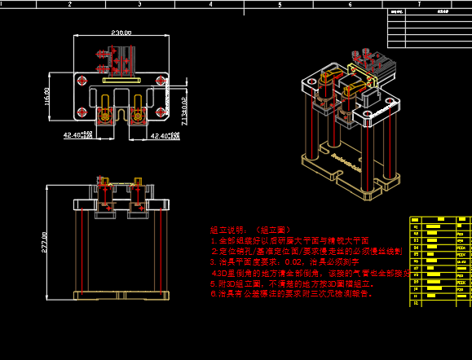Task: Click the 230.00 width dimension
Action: click(121, 33)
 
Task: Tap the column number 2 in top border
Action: click(70, 4)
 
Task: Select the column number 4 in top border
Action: click(210, 4)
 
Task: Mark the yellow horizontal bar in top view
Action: click(121, 81)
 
